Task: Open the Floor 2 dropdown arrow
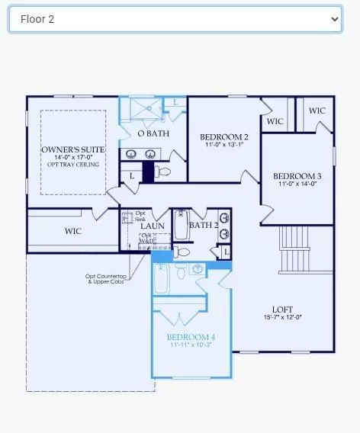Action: (334, 20)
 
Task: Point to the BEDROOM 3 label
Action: (297, 176)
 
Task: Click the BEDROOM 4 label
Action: (191, 337)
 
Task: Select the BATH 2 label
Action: (204, 225)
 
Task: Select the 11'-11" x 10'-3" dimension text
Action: (191, 345)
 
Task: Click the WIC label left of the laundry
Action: (73, 231)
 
